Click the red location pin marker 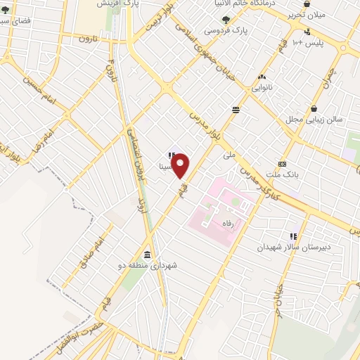(x=181, y=166)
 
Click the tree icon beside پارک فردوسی (x=225, y=20)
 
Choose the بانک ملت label (x=284, y=174)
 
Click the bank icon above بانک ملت (x=282, y=162)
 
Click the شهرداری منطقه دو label (x=148, y=266)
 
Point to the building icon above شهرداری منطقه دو (x=147, y=255)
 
